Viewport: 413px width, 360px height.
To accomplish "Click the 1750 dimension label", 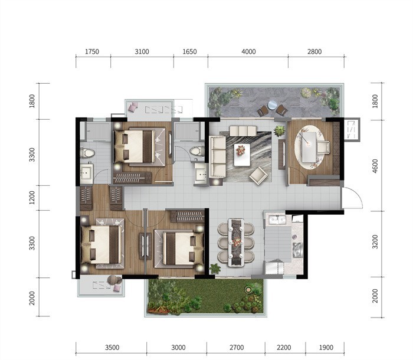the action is coord(92,51).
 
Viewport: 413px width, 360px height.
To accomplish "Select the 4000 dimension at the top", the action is coord(248,51).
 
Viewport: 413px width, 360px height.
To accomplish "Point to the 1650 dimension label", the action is coord(189,51).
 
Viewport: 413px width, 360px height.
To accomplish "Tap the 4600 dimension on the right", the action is coord(375,166).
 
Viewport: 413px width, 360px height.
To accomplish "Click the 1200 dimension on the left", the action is coord(32,198).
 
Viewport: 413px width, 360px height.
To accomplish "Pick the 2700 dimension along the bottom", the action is coord(237,348).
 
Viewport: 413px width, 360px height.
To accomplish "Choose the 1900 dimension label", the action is coord(326,348).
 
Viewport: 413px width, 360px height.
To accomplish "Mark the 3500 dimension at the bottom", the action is coord(112,348).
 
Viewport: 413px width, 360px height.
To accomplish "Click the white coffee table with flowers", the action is coord(242,155).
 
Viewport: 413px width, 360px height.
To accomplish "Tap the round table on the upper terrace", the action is coord(272,104).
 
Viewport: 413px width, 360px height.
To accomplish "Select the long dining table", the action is coord(236,242).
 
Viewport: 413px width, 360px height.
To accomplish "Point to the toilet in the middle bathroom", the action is coord(196,151).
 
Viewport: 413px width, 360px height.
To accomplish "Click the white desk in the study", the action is coord(309,147).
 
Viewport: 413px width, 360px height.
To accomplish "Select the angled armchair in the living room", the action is coord(258,175).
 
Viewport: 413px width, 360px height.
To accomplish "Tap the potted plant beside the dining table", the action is coord(215,269).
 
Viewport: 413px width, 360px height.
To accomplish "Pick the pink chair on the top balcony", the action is coord(133,107).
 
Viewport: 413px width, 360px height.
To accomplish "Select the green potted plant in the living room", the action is coord(280,131).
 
